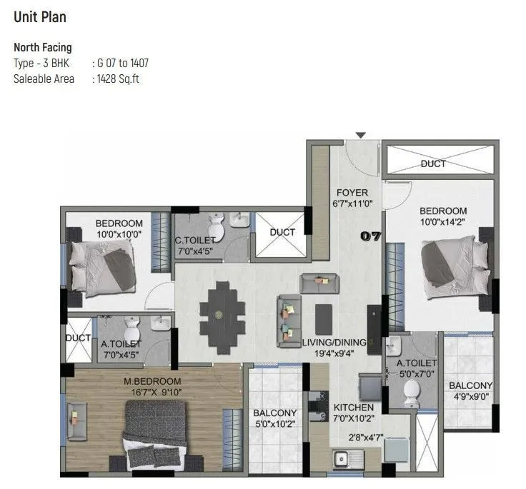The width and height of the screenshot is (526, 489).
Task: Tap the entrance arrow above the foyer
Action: tap(361, 135)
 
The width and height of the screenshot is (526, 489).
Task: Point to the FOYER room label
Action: tap(352, 193)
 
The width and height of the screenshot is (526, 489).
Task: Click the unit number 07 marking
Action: tap(372, 236)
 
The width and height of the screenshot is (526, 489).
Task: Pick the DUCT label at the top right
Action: tap(433, 163)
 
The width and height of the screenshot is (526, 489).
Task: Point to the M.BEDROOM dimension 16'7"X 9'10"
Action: tap(152, 391)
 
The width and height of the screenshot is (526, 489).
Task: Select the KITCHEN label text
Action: tap(353, 408)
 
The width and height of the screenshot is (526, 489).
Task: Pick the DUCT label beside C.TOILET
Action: tap(282, 232)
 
